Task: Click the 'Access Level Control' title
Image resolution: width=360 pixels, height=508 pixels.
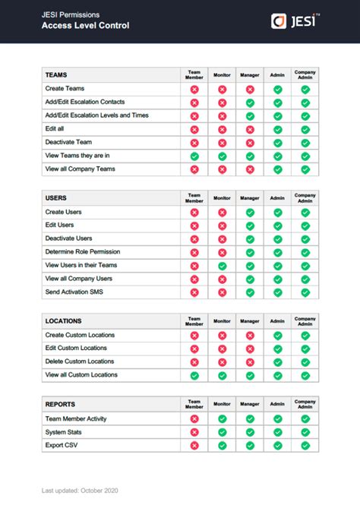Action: pyautogui.click(x=85, y=26)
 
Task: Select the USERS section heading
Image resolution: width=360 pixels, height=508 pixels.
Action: pyautogui.click(x=56, y=198)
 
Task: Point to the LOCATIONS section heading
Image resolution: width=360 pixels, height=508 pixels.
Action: pyautogui.click(x=63, y=321)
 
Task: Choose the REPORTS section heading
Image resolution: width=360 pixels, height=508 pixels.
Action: pyautogui.click(x=60, y=404)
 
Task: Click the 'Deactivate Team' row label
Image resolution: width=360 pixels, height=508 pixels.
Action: pyautogui.click(x=69, y=142)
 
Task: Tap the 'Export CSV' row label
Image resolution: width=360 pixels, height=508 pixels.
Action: pyautogui.click(x=62, y=445)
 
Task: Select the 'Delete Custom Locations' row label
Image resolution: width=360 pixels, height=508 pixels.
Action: pyautogui.click(x=80, y=361)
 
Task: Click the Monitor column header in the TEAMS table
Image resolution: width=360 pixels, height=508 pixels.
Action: pyautogui.click(x=222, y=75)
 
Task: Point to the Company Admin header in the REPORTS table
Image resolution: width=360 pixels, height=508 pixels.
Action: pyautogui.click(x=305, y=404)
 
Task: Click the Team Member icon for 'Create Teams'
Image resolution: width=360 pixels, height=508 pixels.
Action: pyautogui.click(x=194, y=90)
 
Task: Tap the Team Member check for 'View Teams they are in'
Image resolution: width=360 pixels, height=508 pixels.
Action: pyautogui.click(x=194, y=156)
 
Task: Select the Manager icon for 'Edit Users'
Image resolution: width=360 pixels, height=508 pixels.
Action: pyautogui.click(x=250, y=226)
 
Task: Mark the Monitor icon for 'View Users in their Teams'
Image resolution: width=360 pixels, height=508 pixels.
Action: pyautogui.click(x=222, y=266)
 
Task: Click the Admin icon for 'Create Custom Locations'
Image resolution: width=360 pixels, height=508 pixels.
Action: pyautogui.click(x=278, y=335)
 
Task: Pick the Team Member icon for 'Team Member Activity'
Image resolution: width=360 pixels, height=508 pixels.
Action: pyautogui.click(x=194, y=418)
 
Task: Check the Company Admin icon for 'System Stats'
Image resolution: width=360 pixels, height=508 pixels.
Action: pyautogui.click(x=305, y=432)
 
